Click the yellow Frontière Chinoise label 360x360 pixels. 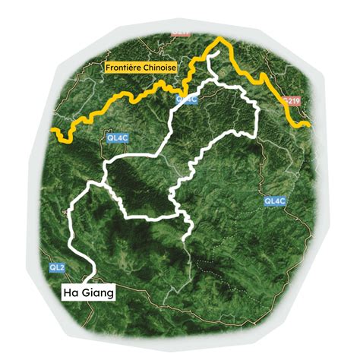coord(140,68)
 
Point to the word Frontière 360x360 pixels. coord(122,68)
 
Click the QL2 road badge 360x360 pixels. coord(57,267)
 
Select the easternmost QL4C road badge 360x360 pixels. coord(274,201)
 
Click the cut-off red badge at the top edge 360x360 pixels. coord(180,33)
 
